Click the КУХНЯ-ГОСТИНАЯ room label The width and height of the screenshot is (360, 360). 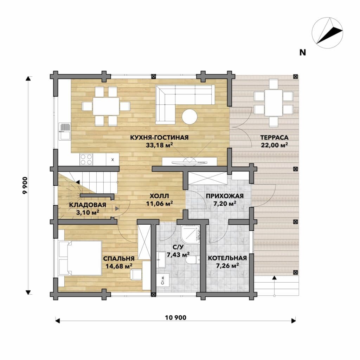click(159, 137)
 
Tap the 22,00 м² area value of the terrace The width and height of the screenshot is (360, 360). click(274, 145)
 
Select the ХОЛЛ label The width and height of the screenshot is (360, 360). click(159, 196)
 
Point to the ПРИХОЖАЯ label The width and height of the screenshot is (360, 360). click(225, 196)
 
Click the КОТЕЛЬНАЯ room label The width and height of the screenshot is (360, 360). click(227, 258)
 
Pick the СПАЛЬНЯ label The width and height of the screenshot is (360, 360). click(119, 258)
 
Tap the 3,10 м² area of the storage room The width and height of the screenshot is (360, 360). click(88, 212)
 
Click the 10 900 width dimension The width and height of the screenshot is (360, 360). click(176, 317)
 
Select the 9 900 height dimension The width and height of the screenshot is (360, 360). click(25, 185)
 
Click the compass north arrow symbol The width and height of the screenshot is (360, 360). click(327, 33)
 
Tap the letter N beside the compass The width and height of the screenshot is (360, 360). click(303, 53)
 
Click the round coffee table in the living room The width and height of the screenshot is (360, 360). click(189, 117)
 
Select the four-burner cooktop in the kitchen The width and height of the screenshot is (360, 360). click(86, 159)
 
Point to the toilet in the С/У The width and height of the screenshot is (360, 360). click(191, 260)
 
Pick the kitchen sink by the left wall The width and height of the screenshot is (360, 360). click(65, 131)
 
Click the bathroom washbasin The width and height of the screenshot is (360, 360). click(162, 260)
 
